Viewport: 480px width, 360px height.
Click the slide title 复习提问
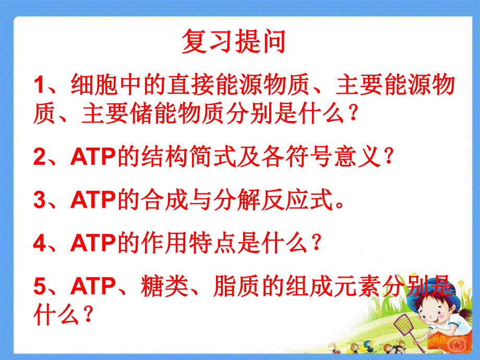click(234, 42)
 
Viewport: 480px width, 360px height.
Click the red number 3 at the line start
click(39, 201)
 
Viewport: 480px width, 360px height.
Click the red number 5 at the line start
click(39, 286)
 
